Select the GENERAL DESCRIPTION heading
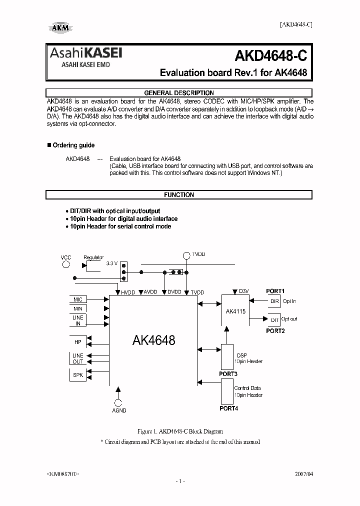tap(179, 93)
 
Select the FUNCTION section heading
tap(179, 195)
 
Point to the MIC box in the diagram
tap(78, 299)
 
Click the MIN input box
tap(78, 309)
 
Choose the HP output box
tap(78, 341)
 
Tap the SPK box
tap(78, 374)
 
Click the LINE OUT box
tap(78, 358)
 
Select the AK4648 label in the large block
tap(153, 340)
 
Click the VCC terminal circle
tap(66, 265)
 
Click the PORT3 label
tap(228, 374)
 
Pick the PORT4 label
tap(228, 408)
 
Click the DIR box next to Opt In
tap(274, 301)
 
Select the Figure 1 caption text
tap(180, 431)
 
